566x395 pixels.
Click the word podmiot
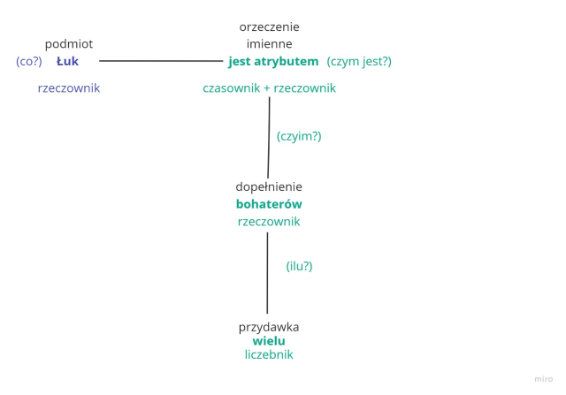pos(69,43)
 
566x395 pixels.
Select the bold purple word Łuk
pos(67,62)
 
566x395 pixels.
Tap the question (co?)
pos(29,62)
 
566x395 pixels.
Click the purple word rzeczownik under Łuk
pos(69,88)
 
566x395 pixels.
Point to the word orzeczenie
pos(269,27)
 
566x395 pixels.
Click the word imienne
pos(269,43)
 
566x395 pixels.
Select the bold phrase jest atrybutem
pos(273,62)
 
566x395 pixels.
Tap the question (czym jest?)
pos(358,62)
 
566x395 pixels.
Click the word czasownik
pos(233,88)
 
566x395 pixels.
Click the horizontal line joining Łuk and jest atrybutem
pos(159,61)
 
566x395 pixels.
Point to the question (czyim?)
pos(299,136)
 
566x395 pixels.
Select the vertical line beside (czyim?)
pos(269,137)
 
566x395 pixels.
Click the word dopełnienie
pos(269,186)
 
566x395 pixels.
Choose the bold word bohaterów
pos(269,204)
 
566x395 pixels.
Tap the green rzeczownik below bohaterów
pos(269,222)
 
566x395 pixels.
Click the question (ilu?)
pos(299,265)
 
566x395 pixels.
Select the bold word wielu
pos(269,341)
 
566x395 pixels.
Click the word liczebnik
pos(269,355)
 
